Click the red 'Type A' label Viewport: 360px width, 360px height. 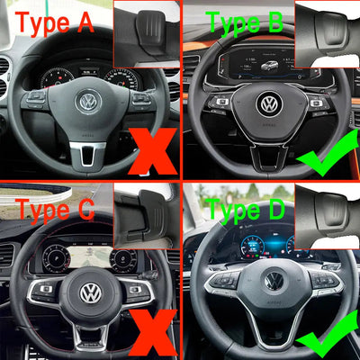pos(55,22)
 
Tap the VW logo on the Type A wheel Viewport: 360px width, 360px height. pos(88,103)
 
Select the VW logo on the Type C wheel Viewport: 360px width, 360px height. pos(91,293)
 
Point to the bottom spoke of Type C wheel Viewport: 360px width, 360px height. pos(91,335)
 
